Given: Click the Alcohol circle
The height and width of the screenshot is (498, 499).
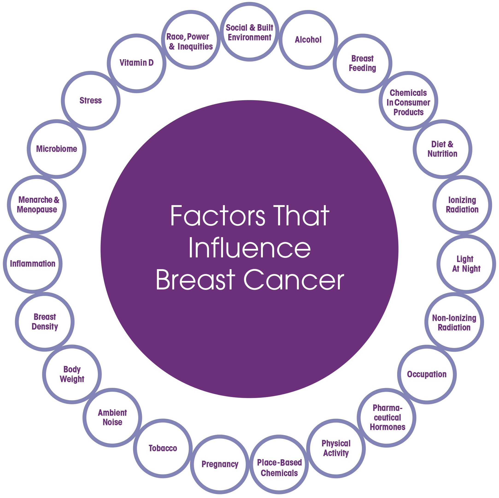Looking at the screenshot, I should (x=308, y=40).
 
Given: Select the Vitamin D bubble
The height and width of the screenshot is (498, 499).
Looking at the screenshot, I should (x=136, y=63).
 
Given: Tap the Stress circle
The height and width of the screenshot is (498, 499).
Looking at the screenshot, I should (x=91, y=100).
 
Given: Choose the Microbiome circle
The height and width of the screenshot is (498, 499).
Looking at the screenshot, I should (x=57, y=149).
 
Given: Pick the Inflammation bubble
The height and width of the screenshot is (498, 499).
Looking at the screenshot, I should (x=32, y=264).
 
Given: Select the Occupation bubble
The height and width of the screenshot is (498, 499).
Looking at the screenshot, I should (x=427, y=374).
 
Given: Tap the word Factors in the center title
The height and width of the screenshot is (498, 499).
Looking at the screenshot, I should (x=217, y=216).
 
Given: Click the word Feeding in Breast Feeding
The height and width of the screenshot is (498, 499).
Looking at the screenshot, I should (x=362, y=68).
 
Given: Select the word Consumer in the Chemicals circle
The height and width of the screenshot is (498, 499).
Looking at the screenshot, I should (x=412, y=103).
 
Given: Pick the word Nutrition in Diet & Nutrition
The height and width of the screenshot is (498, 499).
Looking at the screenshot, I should (x=442, y=154).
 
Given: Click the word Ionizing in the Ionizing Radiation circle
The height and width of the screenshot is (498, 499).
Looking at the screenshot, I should (x=462, y=200).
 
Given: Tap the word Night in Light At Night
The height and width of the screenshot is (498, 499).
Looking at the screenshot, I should (x=471, y=269).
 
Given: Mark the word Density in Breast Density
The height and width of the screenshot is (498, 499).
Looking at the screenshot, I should (x=45, y=327).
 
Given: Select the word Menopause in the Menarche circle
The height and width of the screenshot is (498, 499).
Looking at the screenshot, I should (x=37, y=209).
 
